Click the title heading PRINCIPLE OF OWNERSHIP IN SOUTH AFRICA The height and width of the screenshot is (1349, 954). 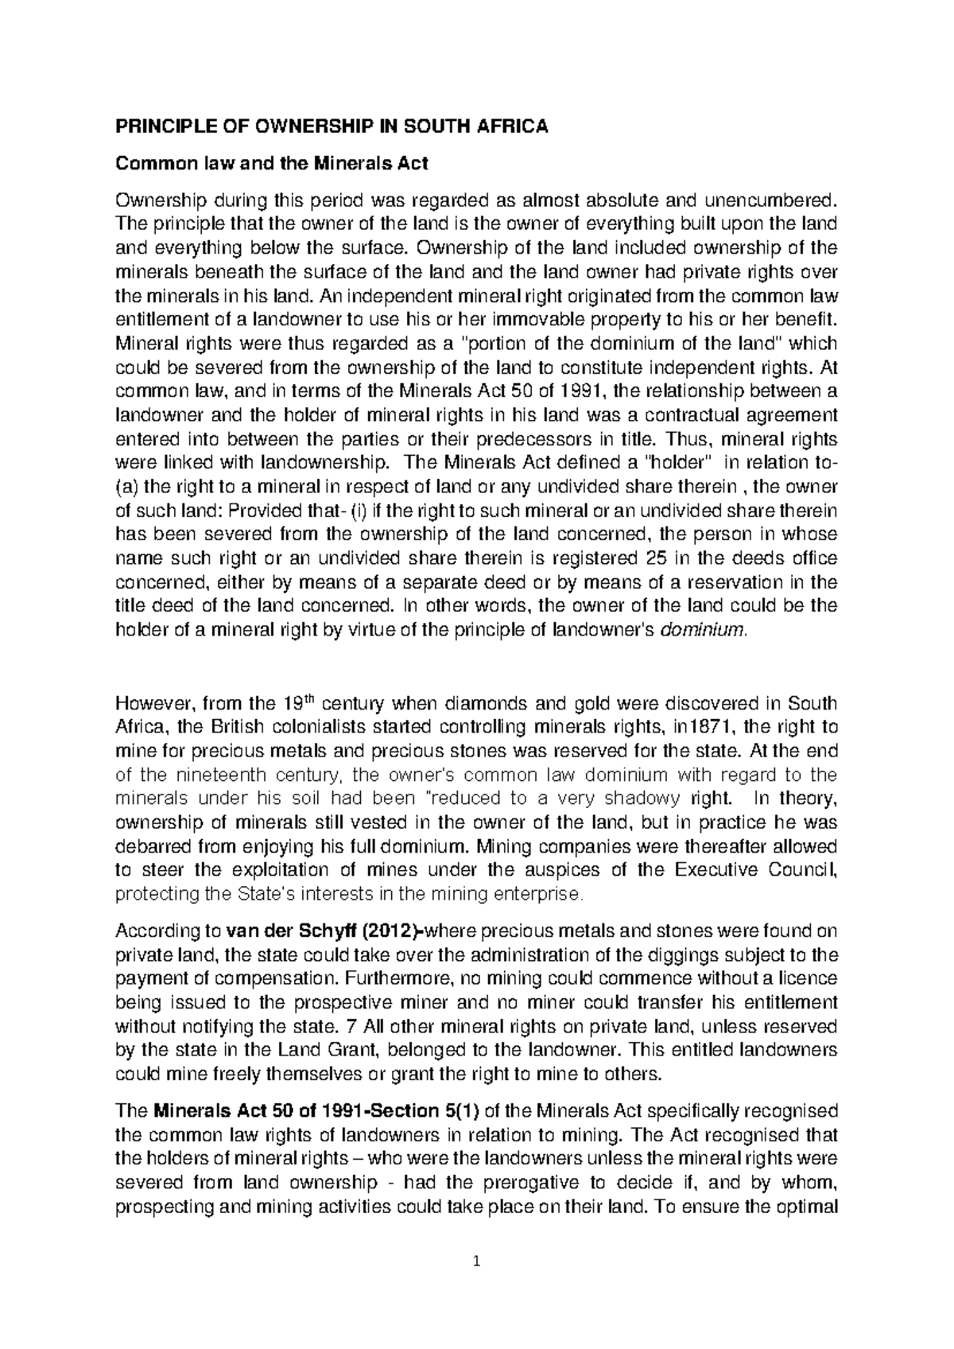coord(332,127)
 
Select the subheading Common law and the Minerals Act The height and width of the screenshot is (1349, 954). coord(271,164)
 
